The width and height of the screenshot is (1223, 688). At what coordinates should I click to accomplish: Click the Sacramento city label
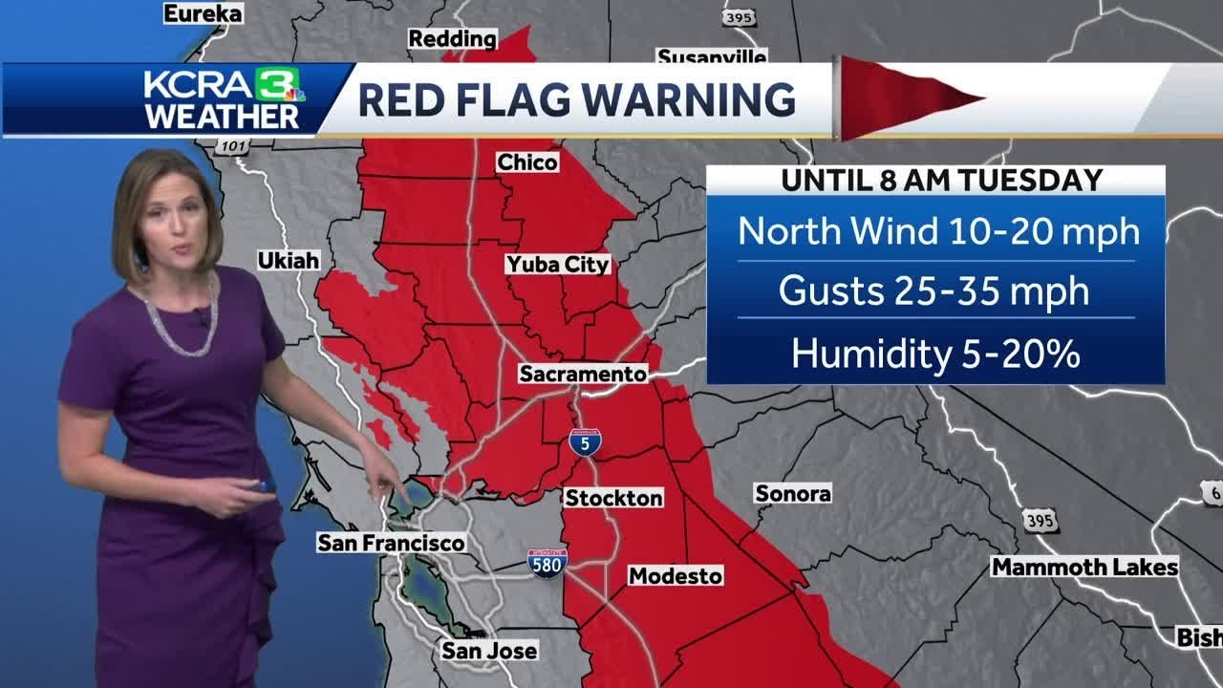click(583, 374)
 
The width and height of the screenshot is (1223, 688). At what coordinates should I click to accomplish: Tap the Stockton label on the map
click(613, 498)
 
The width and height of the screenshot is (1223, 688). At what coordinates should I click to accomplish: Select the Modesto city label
click(675, 576)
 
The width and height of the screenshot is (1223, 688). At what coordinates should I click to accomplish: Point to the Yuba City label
click(558, 265)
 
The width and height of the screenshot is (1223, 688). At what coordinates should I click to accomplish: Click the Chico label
click(527, 162)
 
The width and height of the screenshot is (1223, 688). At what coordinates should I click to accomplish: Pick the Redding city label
click(453, 39)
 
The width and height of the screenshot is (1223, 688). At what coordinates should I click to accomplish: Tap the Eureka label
click(204, 13)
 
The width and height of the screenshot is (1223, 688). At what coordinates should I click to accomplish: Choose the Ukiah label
click(288, 260)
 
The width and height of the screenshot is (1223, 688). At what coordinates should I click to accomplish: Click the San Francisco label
click(391, 543)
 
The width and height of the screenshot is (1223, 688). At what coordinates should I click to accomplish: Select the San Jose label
click(489, 651)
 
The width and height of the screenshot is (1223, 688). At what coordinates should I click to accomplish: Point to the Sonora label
click(793, 493)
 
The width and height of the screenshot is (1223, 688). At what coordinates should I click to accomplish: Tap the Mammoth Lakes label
click(1084, 567)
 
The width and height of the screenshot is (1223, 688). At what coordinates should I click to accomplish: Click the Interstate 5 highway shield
click(585, 441)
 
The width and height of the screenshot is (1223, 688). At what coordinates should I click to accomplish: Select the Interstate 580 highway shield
click(547, 562)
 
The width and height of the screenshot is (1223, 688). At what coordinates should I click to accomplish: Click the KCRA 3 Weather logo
click(224, 98)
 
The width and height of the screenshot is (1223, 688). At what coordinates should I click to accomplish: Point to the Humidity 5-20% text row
click(935, 354)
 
